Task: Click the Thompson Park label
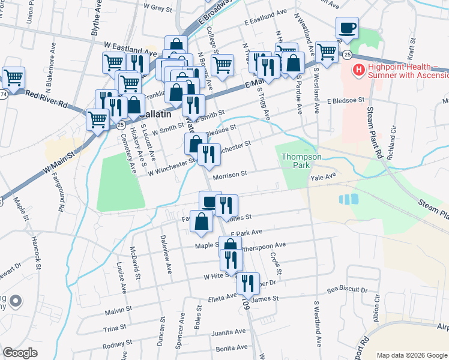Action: click(302, 161)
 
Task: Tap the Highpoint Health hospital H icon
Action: click(359, 71)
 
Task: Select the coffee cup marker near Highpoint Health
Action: click(347, 28)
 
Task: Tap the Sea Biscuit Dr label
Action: click(347, 289)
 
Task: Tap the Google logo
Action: click(20, 353)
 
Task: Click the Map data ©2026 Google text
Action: click(408, 355)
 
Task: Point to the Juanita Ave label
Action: click(229, 332)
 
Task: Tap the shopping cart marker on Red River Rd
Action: click(97, 119)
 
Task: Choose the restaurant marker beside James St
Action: click(248, 284)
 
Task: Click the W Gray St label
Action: click(158, 8)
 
